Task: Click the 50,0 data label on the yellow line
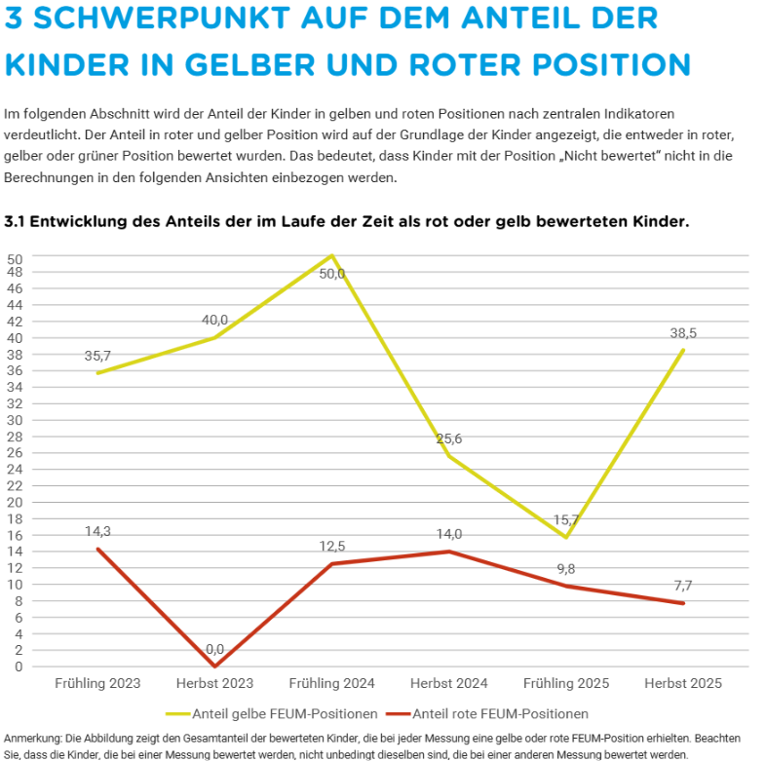(x=332, y=274)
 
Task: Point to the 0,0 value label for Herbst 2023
(x=214, y=649)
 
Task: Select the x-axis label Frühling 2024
(x=332, y=683)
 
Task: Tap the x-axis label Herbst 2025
(x=683, y=683)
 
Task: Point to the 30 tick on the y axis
(x=15, y=420)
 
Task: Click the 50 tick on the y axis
(x=15, y=257)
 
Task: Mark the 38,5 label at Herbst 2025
(x=683, y=333)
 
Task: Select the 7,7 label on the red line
(x=683, y=586)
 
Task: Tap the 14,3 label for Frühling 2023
(x=97, y=532)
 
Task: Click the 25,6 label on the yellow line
(x=448, y=438)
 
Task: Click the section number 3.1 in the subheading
(x=16, y=222)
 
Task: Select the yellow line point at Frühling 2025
(x=566, y=537)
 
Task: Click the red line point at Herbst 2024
(x=449, y=552)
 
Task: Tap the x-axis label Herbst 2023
(x=214, y=683)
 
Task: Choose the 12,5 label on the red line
(x=332, y=547)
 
